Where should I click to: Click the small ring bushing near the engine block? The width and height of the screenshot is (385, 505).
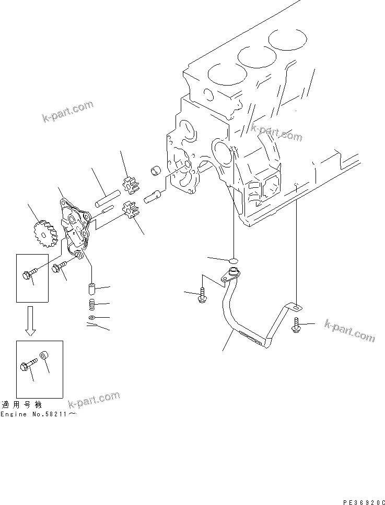[x=155, y=172]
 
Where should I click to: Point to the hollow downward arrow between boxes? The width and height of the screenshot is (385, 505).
[x=31, y=322]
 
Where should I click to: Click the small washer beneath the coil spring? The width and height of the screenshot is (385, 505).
[x=91, y=317]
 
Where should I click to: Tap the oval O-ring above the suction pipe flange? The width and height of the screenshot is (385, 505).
[x=233, y=259]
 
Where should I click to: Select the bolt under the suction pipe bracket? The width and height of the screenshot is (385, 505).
[x=296, y=324]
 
